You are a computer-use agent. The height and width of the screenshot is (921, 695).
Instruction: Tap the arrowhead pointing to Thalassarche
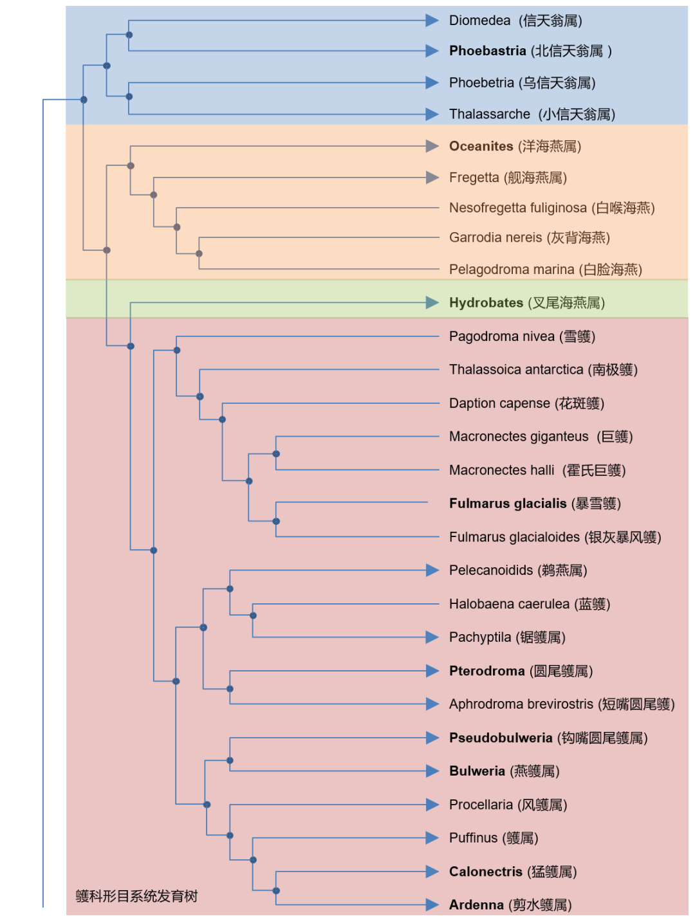click(432, 114)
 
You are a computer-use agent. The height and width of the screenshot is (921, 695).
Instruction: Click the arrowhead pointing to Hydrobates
click(432, 303)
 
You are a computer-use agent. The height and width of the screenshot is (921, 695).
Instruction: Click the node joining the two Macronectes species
click(276, 454)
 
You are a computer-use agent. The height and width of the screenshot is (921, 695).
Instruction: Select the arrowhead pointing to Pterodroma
click(432, 671)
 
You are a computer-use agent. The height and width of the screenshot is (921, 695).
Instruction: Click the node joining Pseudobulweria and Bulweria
click(230, 760)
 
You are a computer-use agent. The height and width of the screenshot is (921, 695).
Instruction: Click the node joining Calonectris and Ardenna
click(276, 891)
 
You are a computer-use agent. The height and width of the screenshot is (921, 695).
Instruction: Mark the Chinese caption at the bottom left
click(136, 896)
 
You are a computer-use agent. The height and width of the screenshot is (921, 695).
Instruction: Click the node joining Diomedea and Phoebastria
click(129, 35)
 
